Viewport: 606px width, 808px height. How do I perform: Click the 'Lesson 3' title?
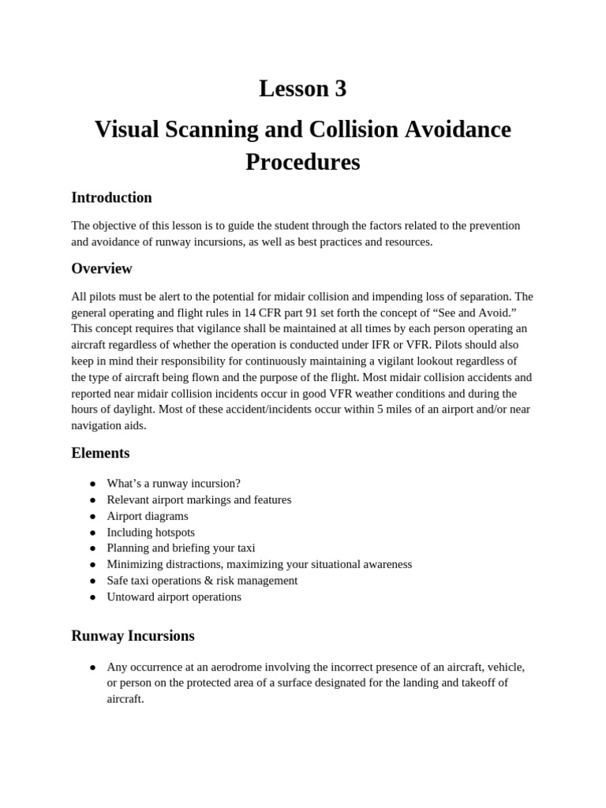click(302, 89)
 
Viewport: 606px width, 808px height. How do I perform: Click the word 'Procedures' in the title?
click(302, 162)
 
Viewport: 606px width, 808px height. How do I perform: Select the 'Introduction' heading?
click(111, 197)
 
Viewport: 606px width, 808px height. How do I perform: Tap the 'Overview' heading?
click(102, 268)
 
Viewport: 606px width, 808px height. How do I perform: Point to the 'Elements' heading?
click(100, 453)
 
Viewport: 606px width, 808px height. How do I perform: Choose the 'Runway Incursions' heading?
click(133, 636)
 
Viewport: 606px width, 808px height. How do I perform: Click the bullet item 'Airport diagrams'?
click(148, 516)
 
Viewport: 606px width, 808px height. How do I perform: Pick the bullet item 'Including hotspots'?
click(151, 533)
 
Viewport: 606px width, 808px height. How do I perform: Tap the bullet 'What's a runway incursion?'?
click(174, 484)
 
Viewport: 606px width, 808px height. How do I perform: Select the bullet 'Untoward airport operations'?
click(174, 597)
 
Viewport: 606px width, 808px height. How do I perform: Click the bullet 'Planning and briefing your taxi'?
click(181, 548)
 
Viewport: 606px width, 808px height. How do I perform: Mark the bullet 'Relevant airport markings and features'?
click(199, 500)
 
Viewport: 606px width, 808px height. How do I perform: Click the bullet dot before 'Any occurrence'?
click(92, 668)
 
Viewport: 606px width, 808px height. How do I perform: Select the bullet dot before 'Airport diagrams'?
click(92, 517)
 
